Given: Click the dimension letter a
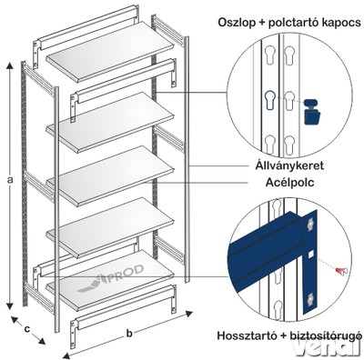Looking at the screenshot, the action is [11, 180].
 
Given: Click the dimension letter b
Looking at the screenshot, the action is [129, 334].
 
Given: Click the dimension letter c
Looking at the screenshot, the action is [27, 329].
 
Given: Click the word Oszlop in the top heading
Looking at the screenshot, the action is [236, 23].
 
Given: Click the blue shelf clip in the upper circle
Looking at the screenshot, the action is [311, 112].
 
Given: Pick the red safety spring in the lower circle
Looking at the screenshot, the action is [342, 271].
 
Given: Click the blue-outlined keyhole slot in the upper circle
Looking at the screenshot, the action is [269, 100].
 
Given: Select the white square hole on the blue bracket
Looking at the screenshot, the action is [309, 255].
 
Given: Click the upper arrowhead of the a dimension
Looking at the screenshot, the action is [10, 66].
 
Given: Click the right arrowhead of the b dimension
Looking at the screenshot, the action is [189, 314].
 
